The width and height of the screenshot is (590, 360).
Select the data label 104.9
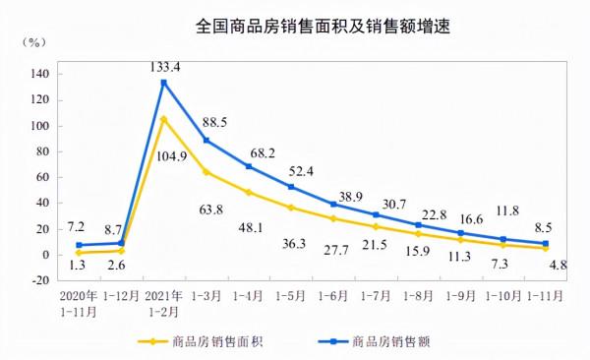click(165, 155)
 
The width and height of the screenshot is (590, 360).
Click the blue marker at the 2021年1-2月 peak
click(164, 83)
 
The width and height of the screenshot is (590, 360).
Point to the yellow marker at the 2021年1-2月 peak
click(164, 119)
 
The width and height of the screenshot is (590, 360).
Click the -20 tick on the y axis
click(39, 280)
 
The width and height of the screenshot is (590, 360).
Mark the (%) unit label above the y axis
click(35, 43)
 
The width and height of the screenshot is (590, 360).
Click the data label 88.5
click(216, 123)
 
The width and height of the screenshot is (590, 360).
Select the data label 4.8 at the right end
click(557, 263)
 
